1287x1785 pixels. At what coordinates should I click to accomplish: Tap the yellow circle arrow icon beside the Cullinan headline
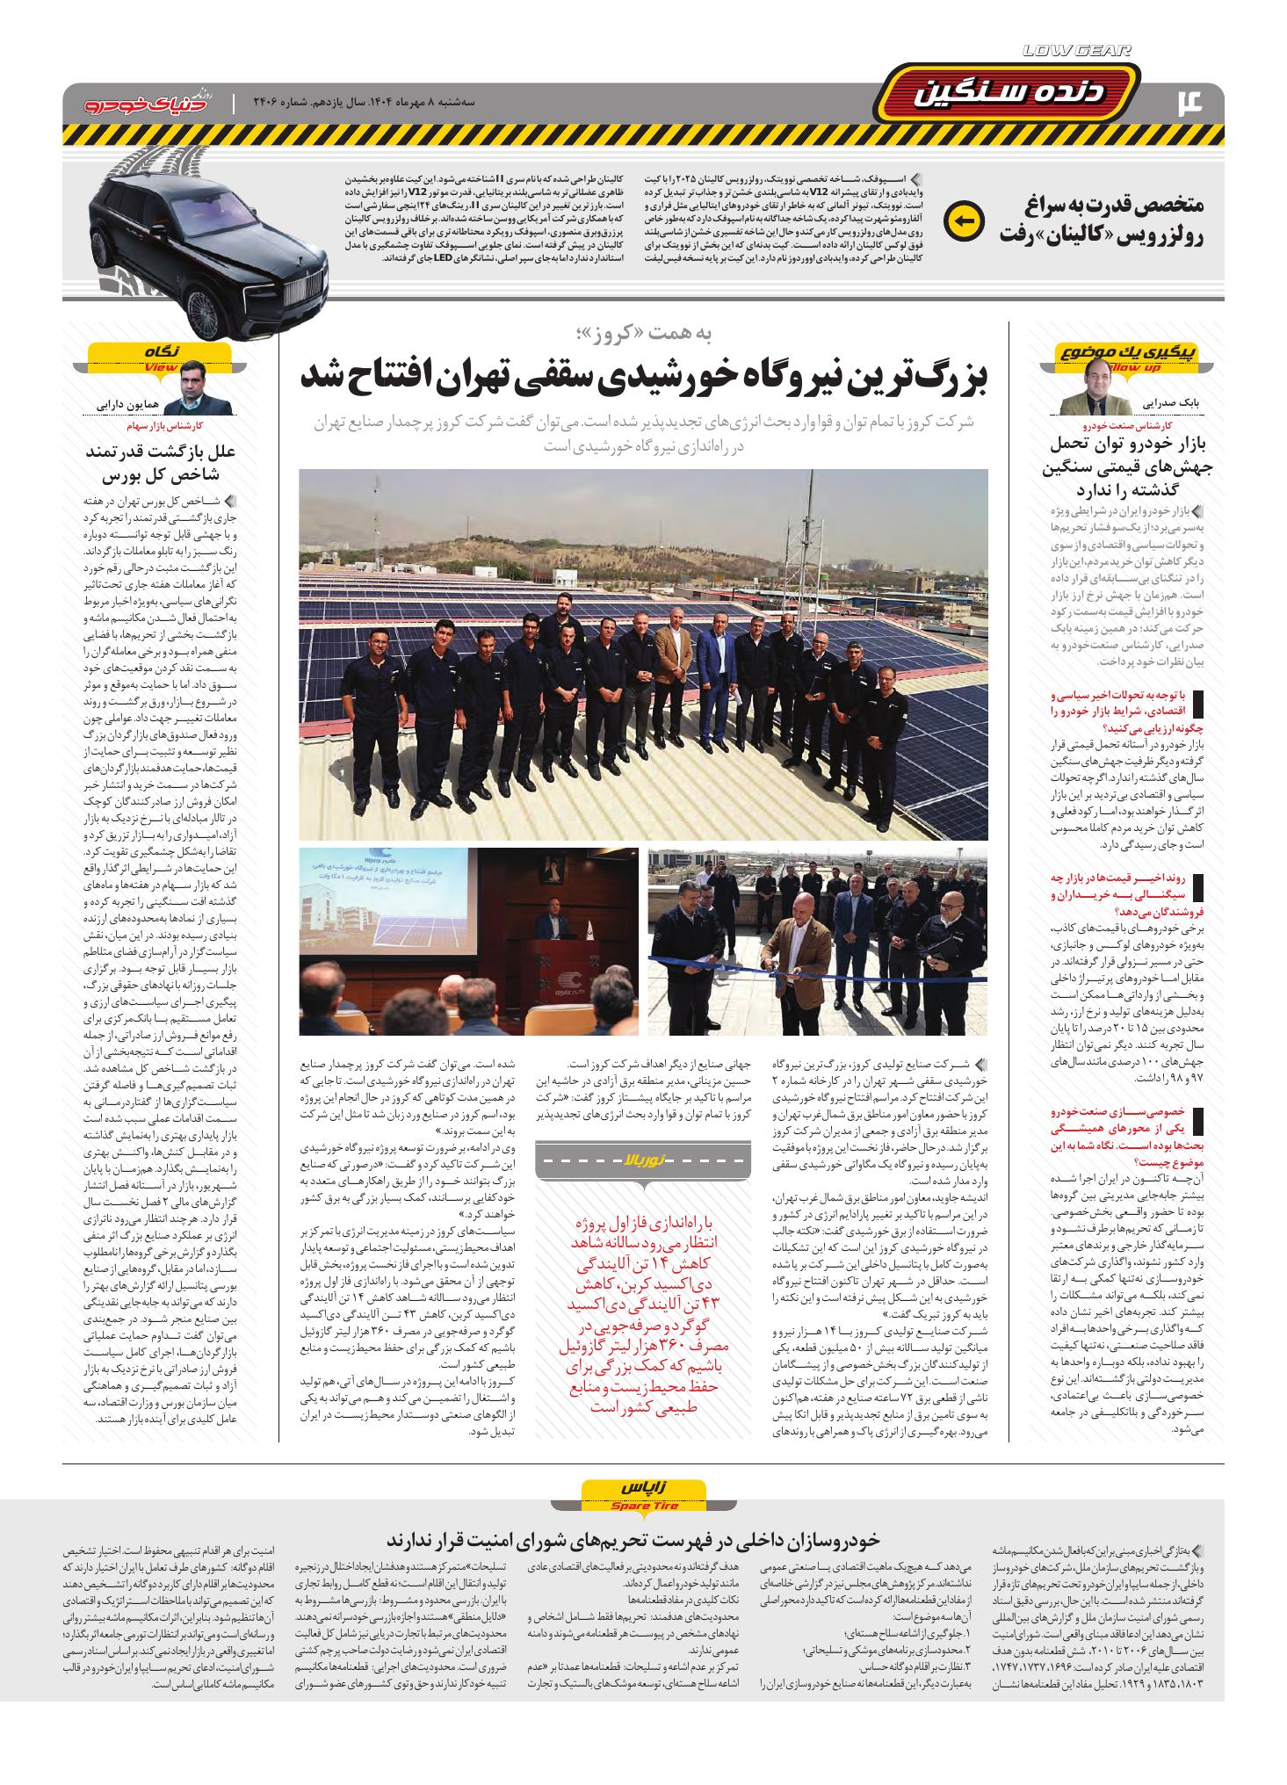(965, 220)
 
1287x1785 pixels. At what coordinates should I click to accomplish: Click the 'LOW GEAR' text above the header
(1077, 52)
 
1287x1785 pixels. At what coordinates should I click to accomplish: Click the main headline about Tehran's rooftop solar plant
(644, 374)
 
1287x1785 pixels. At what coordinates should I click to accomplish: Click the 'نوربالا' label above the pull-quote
(644, 1160)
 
